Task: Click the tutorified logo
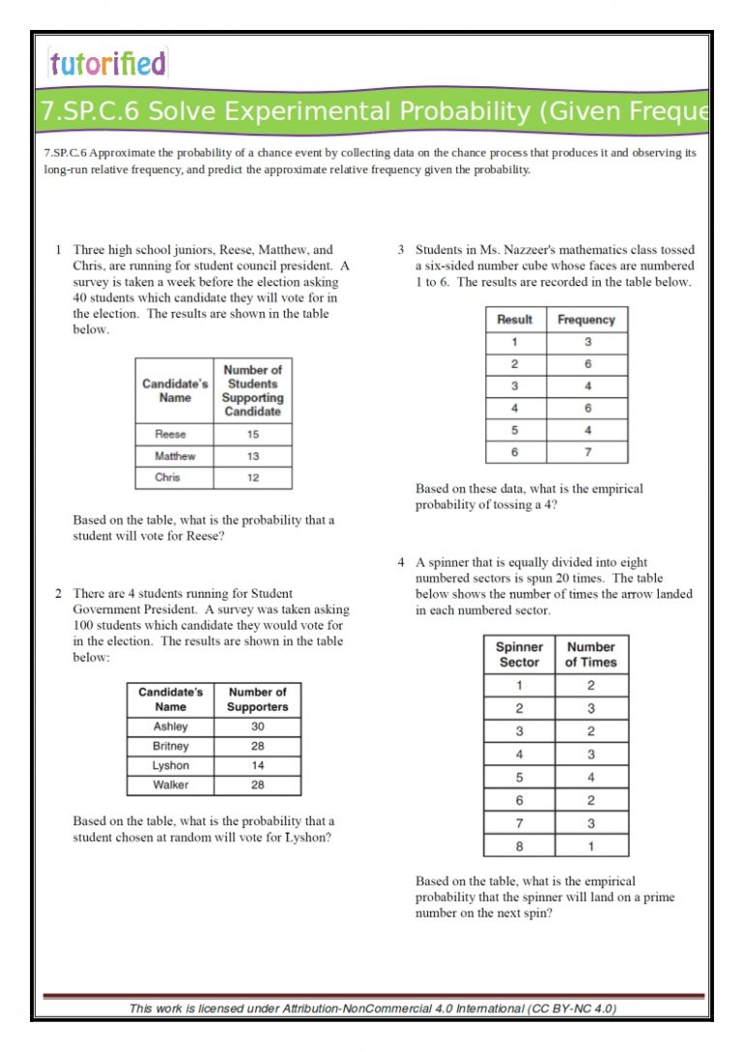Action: pos(108,64)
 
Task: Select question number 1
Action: pos(59,250)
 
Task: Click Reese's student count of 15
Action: pos(252,435)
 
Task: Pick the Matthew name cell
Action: pos(174,456)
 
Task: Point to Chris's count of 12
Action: pos(252,478)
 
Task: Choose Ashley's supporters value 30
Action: pos(257,727)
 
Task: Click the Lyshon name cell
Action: pos(170,765)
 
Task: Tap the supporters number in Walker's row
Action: pos(257,785)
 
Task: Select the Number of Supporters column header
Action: pos(257,699)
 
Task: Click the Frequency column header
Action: pos(586,320)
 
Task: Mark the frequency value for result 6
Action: pos(587,452)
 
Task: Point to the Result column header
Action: pos(514,320)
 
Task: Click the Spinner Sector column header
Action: pos(519,655)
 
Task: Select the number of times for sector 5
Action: pos(591,777)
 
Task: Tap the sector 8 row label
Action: pos(519,846)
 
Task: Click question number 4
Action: pos(401,562)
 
